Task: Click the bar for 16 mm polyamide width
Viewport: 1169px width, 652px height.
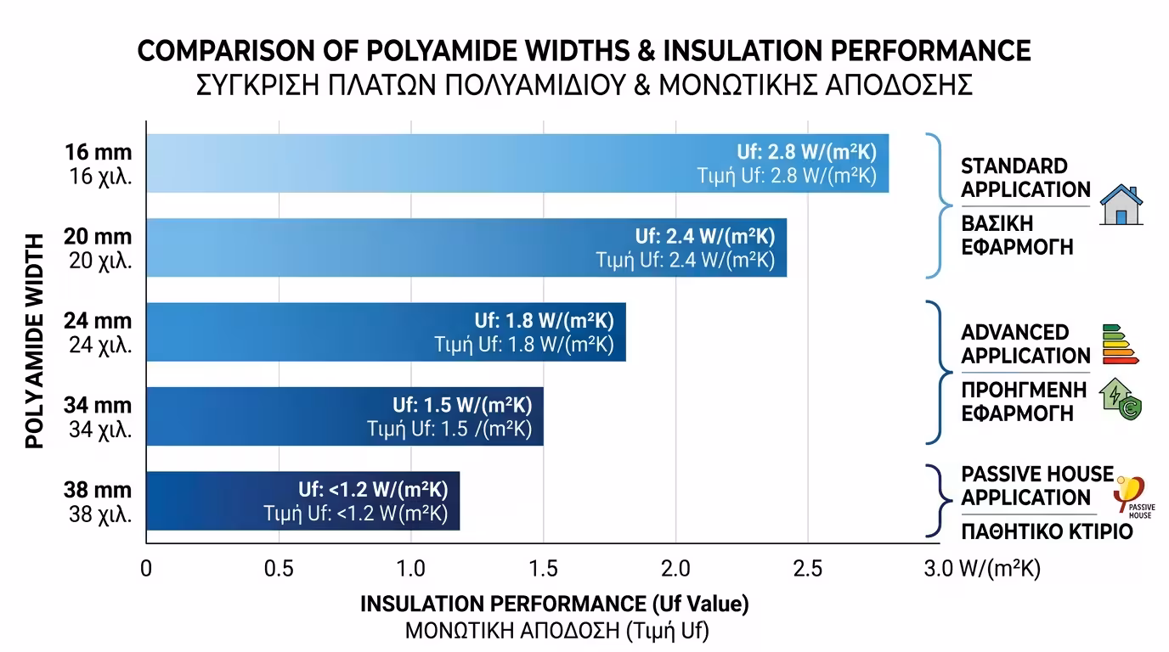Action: (425, 163)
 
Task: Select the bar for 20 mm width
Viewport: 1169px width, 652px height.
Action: (382, 247)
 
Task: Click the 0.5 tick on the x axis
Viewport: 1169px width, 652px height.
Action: (279, 568)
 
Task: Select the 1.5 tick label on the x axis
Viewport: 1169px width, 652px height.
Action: (543, 568)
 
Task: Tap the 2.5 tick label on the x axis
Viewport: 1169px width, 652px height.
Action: (807, 568)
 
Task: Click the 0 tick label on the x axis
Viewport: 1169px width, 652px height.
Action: (146, 568)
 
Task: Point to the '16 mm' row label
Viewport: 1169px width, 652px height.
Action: (99, 153)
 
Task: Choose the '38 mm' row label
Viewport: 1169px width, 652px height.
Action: (99, 491)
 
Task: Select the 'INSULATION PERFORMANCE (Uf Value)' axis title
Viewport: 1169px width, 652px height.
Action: (554, 604)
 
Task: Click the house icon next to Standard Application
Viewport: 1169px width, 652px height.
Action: (1121, 205)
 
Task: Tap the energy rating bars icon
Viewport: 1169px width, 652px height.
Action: (1120, 343)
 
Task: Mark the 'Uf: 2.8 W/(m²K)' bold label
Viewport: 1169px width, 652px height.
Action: (806, 153)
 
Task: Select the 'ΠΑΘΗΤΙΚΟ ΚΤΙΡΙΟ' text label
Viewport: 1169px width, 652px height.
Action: (1047, 532)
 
